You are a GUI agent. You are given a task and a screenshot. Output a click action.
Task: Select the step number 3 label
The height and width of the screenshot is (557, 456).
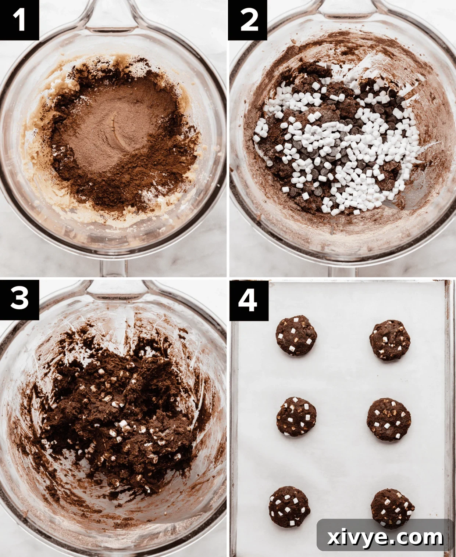[19, 298]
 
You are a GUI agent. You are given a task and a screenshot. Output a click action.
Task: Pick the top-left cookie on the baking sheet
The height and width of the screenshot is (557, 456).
[296, 335]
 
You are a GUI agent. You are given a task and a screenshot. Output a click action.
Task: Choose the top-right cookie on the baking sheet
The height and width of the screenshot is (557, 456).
[390, 340]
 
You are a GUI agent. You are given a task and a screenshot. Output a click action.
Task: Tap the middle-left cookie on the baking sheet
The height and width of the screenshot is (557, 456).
[296, 416]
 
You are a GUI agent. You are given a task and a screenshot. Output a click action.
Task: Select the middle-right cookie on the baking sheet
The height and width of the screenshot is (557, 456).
[389, 420]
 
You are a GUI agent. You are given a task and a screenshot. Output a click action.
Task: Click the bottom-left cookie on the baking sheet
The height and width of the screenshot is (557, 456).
[289, 506]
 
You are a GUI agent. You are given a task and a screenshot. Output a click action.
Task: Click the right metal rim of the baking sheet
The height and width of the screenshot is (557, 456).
[449, 404]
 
